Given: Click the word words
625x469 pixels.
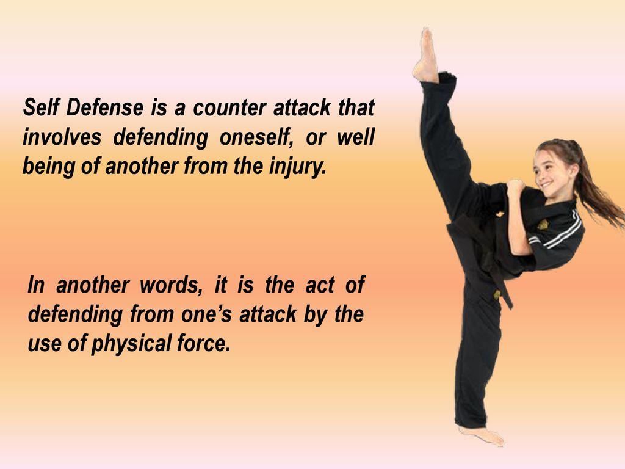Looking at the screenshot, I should click(x=172, y=286).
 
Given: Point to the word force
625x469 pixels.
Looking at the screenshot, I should click(x=209, y=344).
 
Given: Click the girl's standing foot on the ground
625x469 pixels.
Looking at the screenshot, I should click(x=482, y=435).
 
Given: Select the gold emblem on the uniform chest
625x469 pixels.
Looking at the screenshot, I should click(x=542, y=224).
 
